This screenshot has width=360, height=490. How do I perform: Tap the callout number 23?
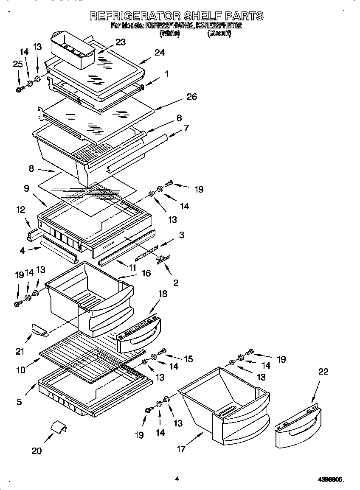click(121, 42)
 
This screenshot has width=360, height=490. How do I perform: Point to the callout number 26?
click(191, 97)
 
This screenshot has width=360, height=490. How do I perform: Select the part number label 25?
click(17, 64)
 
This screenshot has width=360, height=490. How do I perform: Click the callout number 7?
click(186, 128)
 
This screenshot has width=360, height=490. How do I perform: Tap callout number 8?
click(31, 168)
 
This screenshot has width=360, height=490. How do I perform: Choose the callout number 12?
click(20, 210)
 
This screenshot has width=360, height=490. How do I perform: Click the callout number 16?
click(146, 273)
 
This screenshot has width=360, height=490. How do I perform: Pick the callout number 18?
click(163, 294)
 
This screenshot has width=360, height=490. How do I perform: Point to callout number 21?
click(20, 351)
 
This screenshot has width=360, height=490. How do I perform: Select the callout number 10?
click(20, 370)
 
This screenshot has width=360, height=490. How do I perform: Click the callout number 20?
click(37, 451)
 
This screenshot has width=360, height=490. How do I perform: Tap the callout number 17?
click(181, 448)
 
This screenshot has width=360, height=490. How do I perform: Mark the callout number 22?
click(323, 372)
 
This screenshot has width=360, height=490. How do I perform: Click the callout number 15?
click(188, 359)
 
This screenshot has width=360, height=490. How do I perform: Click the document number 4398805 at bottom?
click(330, 479)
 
